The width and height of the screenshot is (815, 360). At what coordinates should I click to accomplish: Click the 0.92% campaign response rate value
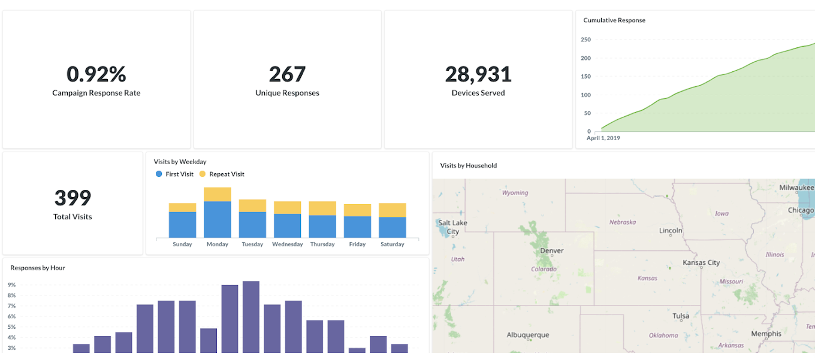click(96, 74)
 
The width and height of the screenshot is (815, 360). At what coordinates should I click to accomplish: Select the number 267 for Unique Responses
click(287, 74)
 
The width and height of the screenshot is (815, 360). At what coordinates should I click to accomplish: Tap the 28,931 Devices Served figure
click(478, 74)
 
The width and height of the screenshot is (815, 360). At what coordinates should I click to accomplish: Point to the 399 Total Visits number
click(73, 198)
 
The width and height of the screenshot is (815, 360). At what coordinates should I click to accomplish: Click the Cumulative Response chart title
click(614, 20)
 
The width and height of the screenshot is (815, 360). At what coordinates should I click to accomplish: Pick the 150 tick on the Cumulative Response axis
click(585, 77)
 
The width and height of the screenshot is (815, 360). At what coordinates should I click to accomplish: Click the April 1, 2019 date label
click(603, 138)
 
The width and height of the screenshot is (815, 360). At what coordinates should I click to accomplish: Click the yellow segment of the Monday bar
click(218, 194)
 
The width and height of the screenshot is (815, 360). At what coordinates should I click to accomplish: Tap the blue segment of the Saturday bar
click(393, 227)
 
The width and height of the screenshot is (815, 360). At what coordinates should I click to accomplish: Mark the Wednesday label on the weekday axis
click(287, 244)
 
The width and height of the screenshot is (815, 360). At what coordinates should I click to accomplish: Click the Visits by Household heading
click(468, 166)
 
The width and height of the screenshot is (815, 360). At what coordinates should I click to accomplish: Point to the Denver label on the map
click(552, 251)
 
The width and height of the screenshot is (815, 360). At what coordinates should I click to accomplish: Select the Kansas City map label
click(701, 263)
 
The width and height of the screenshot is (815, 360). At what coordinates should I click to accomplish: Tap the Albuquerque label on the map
click(528, 335)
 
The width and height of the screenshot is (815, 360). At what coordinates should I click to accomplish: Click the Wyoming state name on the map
click(515, 193)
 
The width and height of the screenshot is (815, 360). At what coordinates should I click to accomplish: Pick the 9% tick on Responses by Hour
click(11, 285)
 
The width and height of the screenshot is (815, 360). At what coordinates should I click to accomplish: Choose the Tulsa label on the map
click(681, 316)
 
